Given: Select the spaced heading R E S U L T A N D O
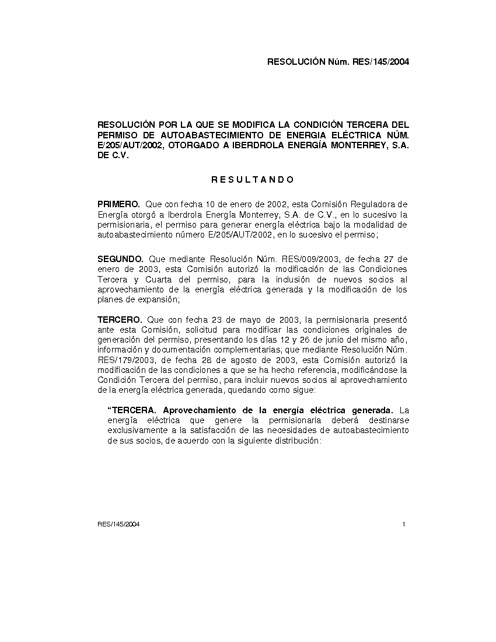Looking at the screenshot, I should click(x=253, y=180).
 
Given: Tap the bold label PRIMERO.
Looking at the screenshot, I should click(x=118, y=204).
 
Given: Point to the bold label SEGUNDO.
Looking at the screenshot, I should click(x=120, y=259).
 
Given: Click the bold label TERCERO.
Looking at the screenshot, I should click(x=120, y=320).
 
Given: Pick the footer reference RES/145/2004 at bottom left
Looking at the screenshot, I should click(x=118, y=524).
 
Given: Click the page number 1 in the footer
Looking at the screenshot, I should click(x=404, y=524).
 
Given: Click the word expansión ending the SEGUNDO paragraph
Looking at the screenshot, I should click(x=160, y=299).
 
